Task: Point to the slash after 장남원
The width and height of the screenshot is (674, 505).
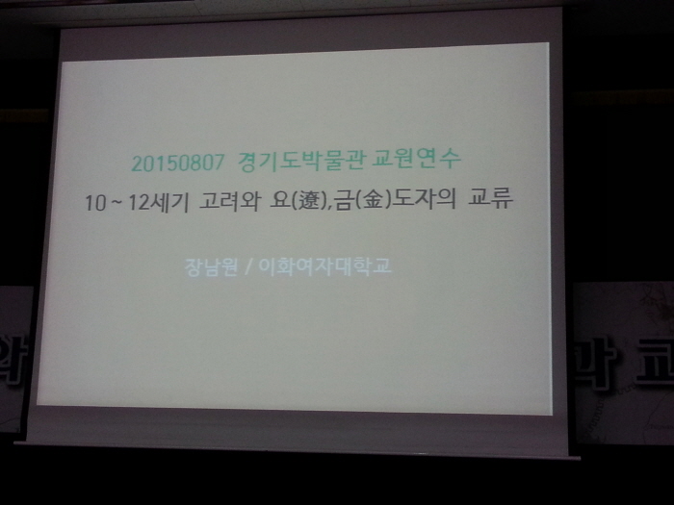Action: [247, 265]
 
